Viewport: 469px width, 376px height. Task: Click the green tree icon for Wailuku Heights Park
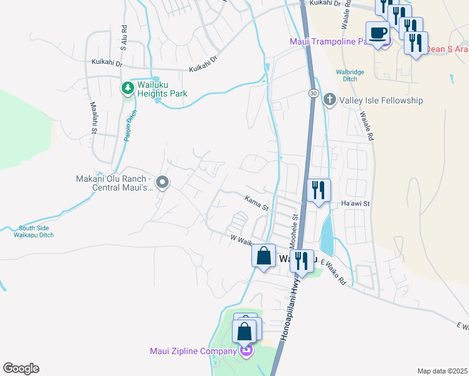point(128,88)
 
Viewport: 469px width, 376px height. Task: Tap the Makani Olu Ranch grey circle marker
point(162,182)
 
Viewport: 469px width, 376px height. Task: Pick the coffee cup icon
point(377,33)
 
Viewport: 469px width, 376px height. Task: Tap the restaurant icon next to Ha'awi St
point(319,190)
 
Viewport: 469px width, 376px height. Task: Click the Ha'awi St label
point(356,204)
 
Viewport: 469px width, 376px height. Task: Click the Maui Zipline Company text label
point(192,351)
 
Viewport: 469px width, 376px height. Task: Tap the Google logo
point(21,368)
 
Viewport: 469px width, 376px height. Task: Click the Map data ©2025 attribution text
point(442,371)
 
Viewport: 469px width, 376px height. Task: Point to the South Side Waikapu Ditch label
point(36,232)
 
